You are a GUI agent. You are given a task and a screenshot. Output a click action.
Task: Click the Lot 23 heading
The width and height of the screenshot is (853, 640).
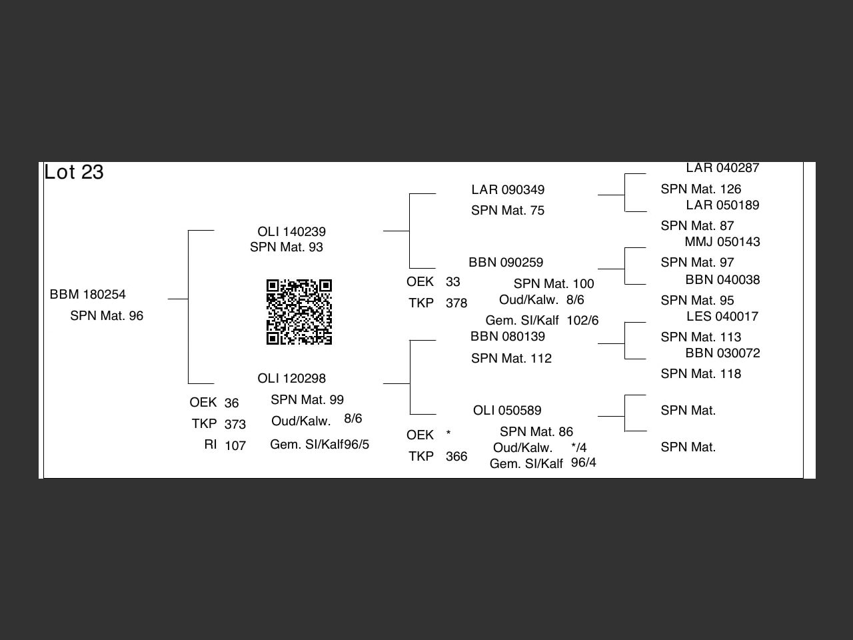74,172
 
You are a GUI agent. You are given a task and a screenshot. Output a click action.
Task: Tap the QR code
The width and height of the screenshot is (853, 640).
299,312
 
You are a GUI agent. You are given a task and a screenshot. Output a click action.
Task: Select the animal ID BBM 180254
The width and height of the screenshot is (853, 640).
88,295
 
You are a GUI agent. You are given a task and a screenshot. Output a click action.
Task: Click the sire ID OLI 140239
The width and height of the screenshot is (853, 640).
291,232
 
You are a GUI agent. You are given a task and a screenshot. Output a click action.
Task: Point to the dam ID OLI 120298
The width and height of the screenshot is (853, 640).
291,379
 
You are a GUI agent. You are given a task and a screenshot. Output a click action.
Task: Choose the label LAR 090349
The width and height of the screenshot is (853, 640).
508,190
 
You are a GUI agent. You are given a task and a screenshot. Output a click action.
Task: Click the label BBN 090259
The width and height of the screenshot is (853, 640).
506,263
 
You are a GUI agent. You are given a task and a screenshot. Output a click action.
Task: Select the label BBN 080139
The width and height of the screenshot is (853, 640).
508,337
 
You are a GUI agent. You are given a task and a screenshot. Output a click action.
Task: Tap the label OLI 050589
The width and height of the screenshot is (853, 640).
507,411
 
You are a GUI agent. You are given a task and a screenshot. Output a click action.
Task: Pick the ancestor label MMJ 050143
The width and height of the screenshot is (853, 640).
722,242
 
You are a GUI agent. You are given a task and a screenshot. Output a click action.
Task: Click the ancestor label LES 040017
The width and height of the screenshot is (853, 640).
722,317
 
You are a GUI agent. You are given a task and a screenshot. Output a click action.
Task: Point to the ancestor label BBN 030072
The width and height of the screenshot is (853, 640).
722,353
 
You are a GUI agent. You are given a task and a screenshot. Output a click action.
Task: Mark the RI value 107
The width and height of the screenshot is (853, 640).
235,446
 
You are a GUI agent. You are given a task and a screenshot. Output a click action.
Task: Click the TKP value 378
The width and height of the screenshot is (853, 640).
456,303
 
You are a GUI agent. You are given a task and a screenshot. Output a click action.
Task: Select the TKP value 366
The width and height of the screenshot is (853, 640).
456,457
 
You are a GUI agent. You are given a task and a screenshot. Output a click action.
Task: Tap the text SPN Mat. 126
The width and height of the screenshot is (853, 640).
701,189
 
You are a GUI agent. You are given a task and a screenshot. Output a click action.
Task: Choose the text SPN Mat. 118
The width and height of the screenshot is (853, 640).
701,374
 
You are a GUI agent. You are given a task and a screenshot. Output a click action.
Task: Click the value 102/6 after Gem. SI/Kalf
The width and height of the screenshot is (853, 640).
582,321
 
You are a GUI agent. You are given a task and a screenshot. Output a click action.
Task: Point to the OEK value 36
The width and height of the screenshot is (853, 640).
231,403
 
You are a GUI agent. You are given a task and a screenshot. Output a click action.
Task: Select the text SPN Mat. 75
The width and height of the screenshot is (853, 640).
508,211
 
